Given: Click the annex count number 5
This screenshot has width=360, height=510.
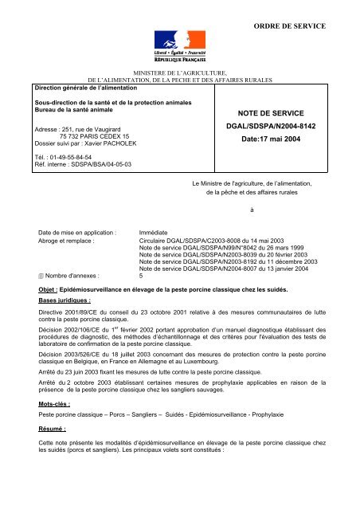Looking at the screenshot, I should click(141, 274).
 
